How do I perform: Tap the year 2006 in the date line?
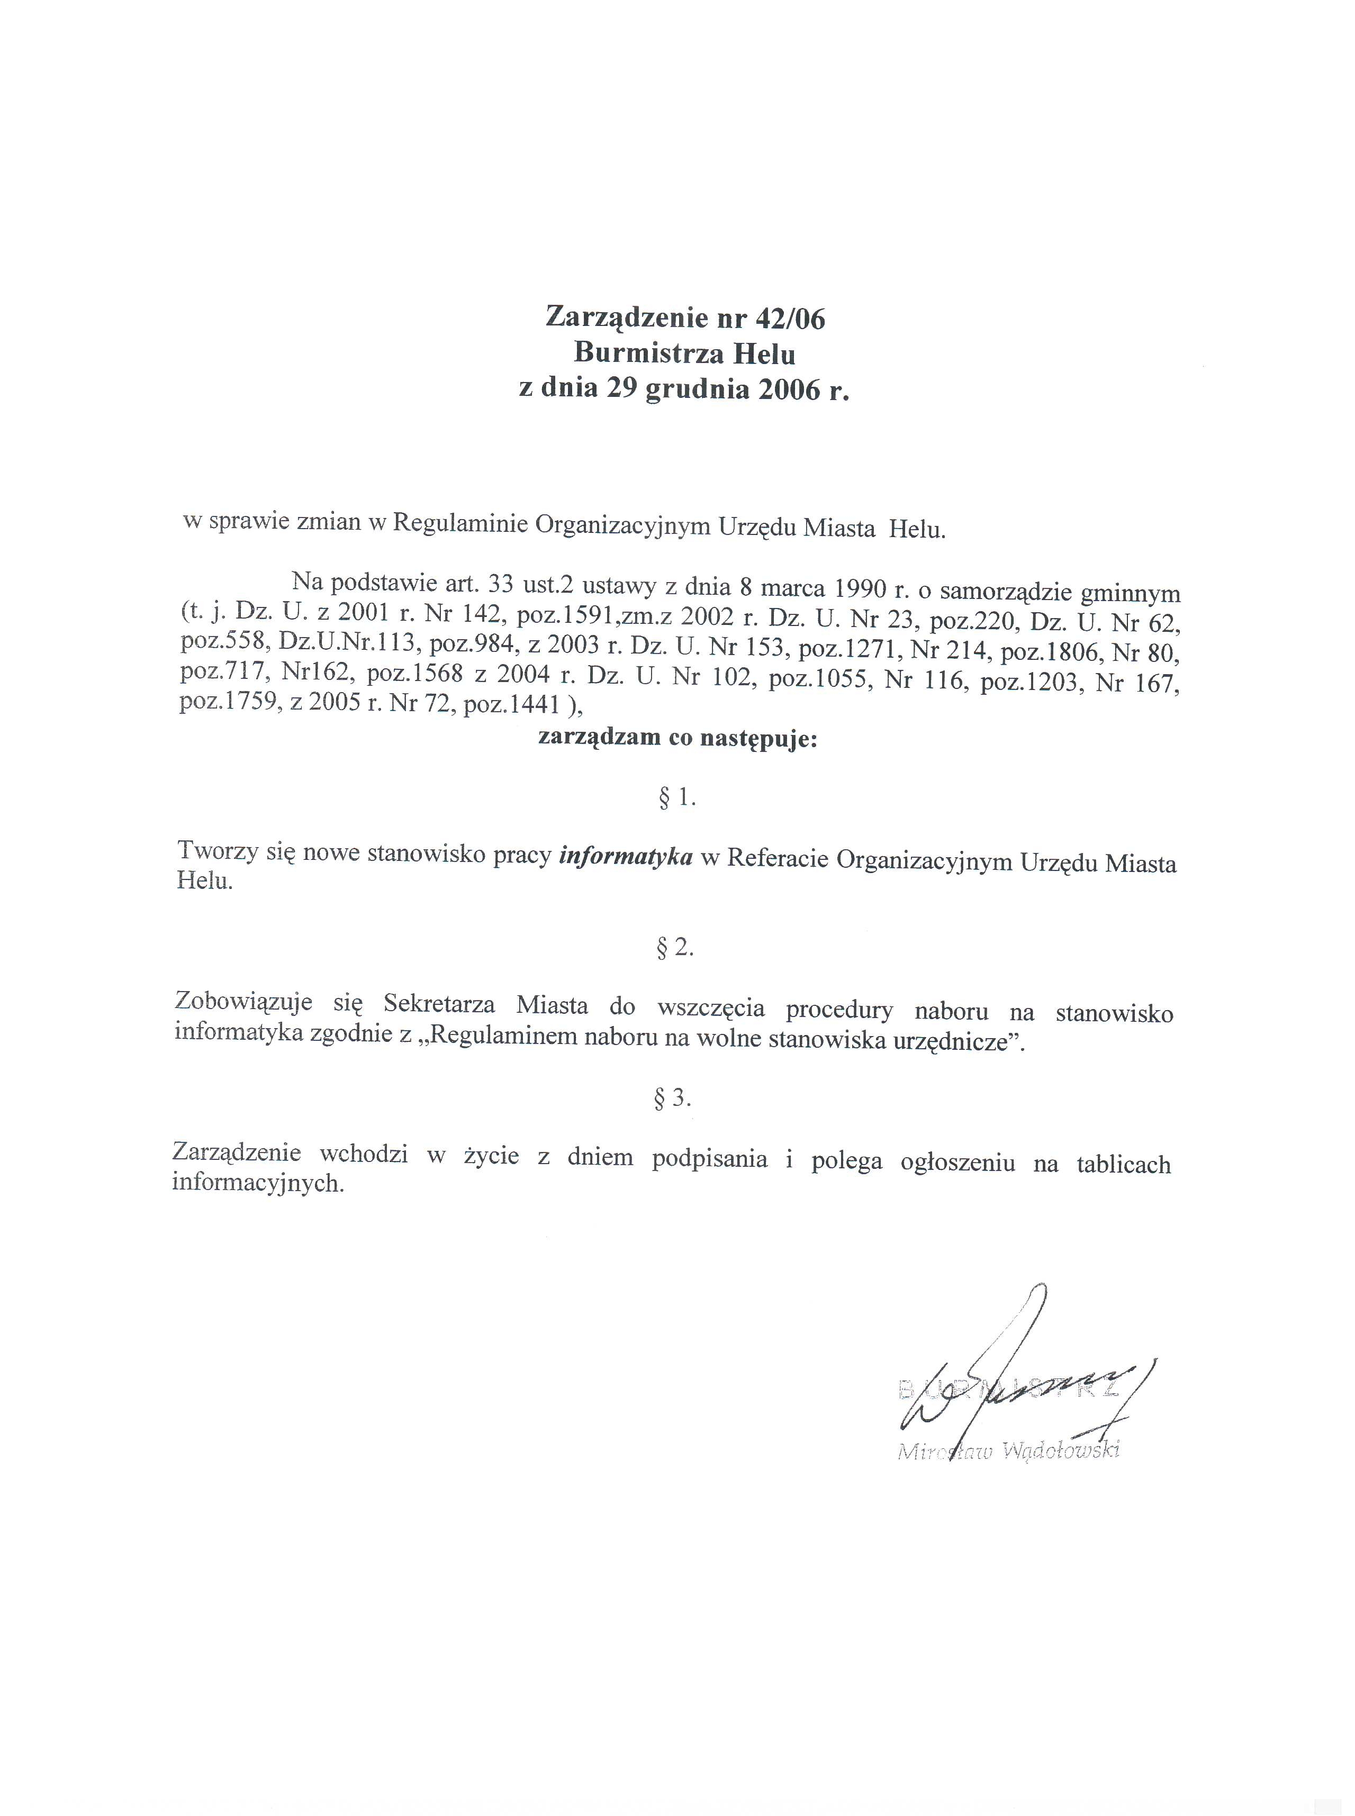(x=788, y=389)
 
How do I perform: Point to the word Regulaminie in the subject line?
(x=459, y=524)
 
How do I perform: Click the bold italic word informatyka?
(x=626, y=857)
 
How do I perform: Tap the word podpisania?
(x=709, y=1159)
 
